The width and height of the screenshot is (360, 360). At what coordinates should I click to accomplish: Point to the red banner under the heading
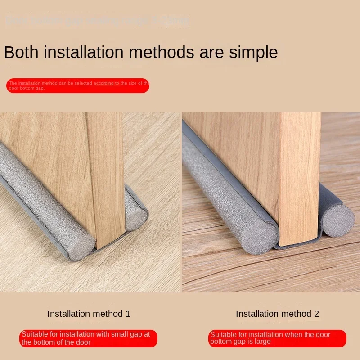pyautogui.click(x=78, y=85)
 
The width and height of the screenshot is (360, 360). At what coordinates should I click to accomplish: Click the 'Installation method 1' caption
pyautogui.click(x=89, y=314)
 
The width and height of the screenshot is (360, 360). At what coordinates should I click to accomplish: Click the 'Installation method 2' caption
pyautogui.click(x=277, y=314)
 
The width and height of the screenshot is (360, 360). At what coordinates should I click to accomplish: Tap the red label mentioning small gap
pyautogui.click(x=88, y=338)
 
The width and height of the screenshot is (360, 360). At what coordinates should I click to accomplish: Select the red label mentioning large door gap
pyautogui.click(x=278, y=338)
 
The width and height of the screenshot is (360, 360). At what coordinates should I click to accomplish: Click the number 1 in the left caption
pyautogui.click(x=128, y=314)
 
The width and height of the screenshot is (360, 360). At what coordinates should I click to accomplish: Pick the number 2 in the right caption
pyautogui.click(x=316, y=314)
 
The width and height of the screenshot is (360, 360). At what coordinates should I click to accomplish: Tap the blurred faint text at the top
pyautogui.click(x=97, y=21)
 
